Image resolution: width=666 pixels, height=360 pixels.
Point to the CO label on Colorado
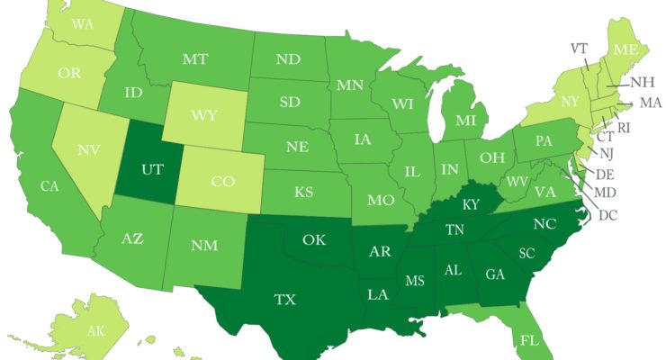(x=221, y=181)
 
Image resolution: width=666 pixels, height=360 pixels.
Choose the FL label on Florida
(x=529, y=340)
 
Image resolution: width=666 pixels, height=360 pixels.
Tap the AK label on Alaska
(x=95, y=331)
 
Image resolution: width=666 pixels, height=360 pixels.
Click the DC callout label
(x=608, y=214)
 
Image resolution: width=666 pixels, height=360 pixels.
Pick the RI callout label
(x=624, y=128)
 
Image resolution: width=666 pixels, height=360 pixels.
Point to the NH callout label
(x=642, y=82)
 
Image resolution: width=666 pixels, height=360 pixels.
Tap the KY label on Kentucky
(x=471, y=204)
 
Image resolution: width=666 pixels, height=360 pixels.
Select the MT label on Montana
(x=196, y=59)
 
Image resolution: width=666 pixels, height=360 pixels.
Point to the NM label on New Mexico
(x=203, y=245)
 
